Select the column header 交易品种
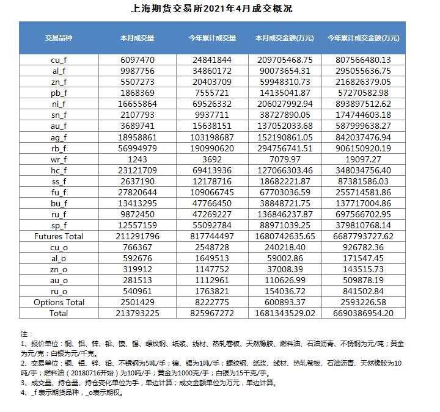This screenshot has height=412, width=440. pyautogui.click(x=58, y=38)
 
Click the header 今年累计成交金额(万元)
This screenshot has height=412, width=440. pyautogui.click(x=363, y=38)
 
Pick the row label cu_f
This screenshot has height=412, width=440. pyautogui.click(x=58, y=60)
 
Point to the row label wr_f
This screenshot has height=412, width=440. pyautogui.click(x=58, y=159)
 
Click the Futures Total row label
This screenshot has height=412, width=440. pyautogui.click(x=58, y=236)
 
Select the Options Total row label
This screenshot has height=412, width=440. pyautogui.click(x=58, y=302)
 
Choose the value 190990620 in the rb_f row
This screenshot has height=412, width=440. pyautogui.click(x=212, y=148)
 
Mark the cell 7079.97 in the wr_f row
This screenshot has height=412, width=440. pyautogui.click(x=284, y=159)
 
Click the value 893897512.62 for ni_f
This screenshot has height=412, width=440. pyautogui.click(x=363, y=104)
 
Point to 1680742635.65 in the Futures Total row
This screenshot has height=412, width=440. pyautogui.click(x=284, y=236)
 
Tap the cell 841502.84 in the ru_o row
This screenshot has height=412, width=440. pyautogui.click(x=363, y=291)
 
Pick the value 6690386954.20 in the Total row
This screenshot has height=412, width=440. pyautogui.click(x=363, y=313)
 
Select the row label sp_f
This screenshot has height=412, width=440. pyautogui.click(x=58, y=225)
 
